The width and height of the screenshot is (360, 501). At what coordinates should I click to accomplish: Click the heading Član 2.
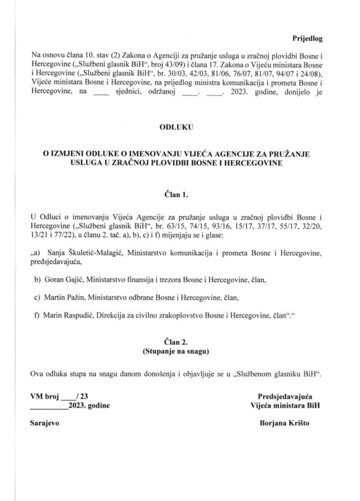177,340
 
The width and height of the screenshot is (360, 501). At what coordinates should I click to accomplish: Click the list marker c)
38,299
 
